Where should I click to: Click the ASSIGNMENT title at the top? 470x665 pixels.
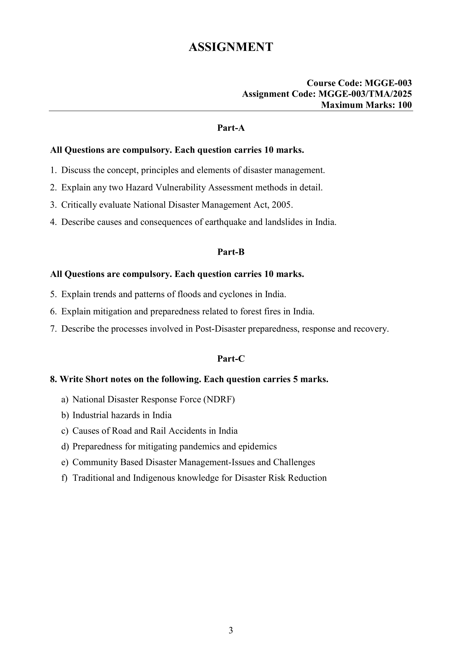pyautogui.click(x=231, y=47)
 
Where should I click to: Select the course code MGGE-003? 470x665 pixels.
pyautogui.click(x=388, y=83)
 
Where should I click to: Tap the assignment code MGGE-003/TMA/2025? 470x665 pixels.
pyautogui.click(x=365, y=94)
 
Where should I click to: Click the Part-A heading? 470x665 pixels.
pyautogui.click(x=231, y=128)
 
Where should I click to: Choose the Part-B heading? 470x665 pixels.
pyautogui.click(x=231, y=252)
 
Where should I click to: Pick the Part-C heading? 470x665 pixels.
pyautogui.click(x=231, y=359)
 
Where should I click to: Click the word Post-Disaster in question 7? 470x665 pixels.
pyautogui.click(x=220, y=329)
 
